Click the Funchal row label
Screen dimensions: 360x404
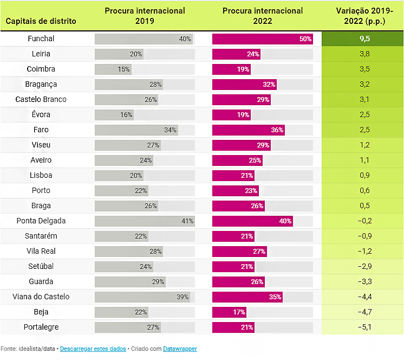click(41, 39)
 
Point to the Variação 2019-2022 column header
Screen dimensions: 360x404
click(362, 16)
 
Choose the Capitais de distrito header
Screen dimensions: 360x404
click(41, 21)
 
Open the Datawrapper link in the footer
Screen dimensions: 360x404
click(180, 349)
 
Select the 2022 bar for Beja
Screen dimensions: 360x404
click(229, 312)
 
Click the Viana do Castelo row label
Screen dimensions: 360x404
click(41, 297)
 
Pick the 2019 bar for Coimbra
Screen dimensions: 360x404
click(113, 69)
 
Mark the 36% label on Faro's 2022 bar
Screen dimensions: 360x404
click(277, 130)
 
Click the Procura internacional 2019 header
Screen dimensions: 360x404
click(145, 16)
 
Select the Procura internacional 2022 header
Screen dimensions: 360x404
click(262, 16)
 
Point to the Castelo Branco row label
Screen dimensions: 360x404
click(41, 100)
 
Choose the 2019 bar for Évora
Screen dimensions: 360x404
click(114, 115)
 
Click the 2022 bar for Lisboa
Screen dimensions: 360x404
click(233, 176)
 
